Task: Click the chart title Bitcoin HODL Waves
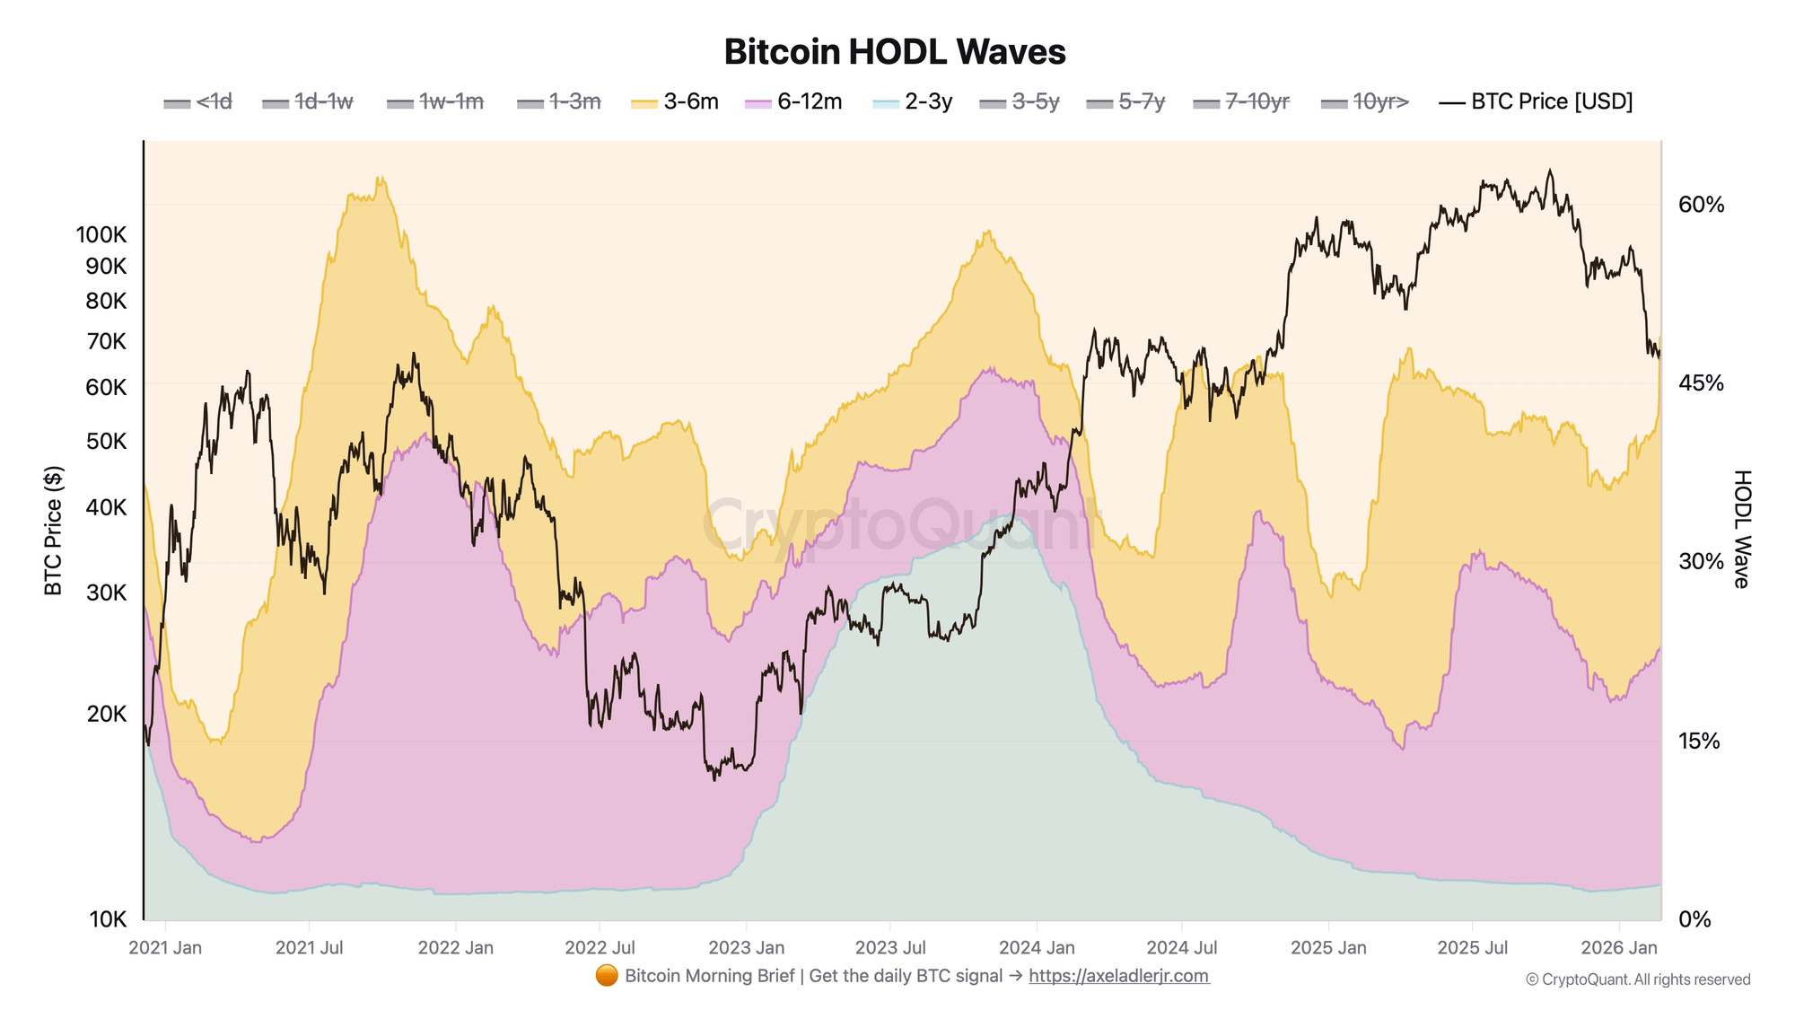pyautogui.click(x=895, y=52)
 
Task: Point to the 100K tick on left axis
pyautogui.click(x=101, y=235)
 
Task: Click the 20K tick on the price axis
pyautogui.click(x=107, y=715)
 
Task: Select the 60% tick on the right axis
pyautogui.click(x=1701, y=205)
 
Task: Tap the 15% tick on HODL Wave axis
pyautogui.click(x=1699, y=742)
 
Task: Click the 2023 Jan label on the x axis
pyautogui.click(x=746, y=948)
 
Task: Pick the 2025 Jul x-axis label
pyautogui.click(x=1472, y=948)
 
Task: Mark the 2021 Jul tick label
pyautogui.click(x=309, y=948)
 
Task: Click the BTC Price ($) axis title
pyautogui.click(x=54, y=531)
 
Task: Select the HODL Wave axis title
pyautogui.click(x=1741, y=529)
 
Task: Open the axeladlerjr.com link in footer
pyautogui.click(x=1118, y=976)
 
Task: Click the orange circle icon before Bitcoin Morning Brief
pyautogui.click(x=607, y=976)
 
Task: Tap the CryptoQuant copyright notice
pyautogui.click(x=1637, y=979)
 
